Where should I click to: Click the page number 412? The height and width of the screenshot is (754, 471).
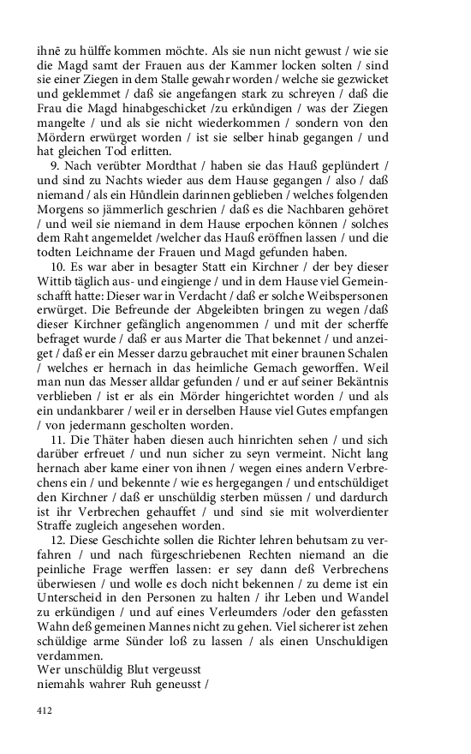tap(45, 710)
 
